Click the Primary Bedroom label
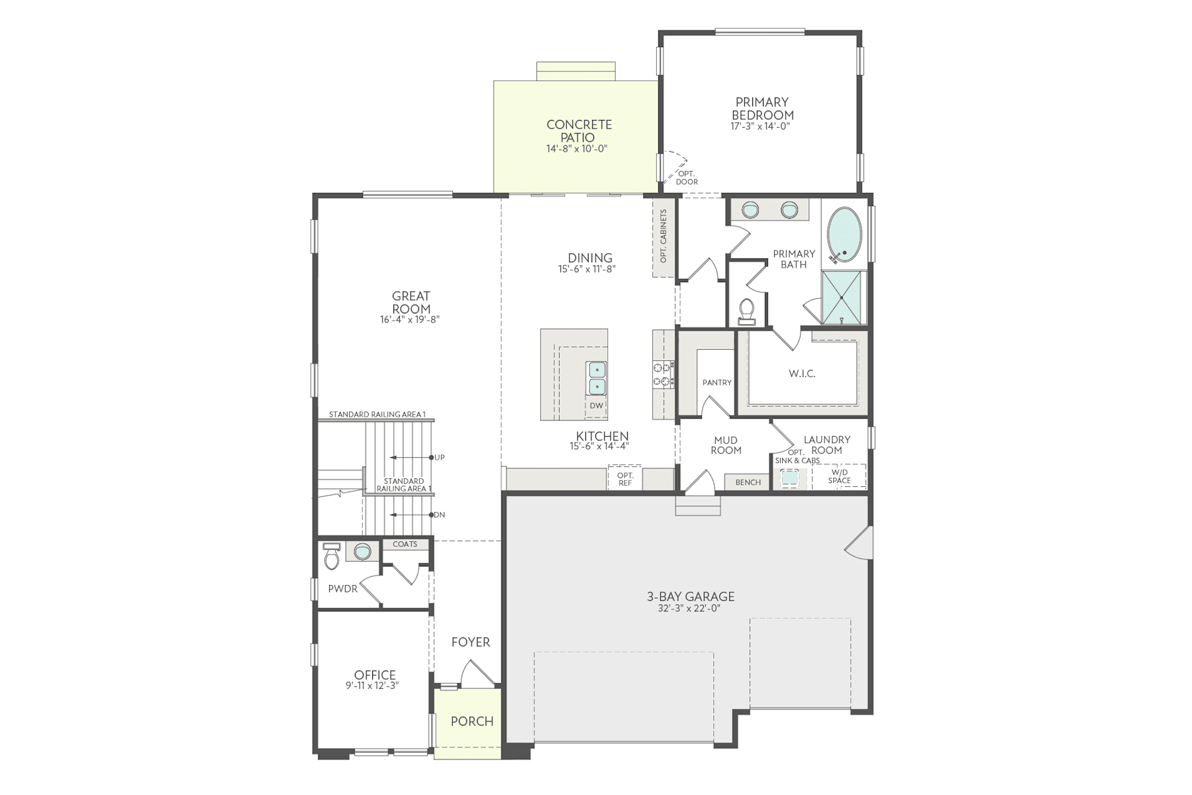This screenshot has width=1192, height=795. [762, 109]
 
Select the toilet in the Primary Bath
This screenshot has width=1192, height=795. [747, 311]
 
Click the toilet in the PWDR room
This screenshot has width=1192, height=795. [332, 558]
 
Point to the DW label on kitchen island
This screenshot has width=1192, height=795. [596, 405]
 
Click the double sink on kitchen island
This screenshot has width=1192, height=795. [597, 377]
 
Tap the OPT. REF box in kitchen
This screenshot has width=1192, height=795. [624, 479]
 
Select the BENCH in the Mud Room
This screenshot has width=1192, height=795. [748, 482]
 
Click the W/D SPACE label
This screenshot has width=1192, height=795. [839, 476]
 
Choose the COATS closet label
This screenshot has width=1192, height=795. [405, 544]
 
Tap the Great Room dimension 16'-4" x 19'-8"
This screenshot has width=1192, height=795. [411, 319]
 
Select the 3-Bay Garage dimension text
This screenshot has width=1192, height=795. [690, 608]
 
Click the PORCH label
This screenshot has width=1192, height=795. [472, 721]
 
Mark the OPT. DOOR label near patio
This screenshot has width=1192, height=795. [687, 178]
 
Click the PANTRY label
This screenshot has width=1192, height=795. [717, 382]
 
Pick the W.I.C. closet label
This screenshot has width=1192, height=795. [801, 374]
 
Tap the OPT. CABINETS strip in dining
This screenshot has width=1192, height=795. [663, 237]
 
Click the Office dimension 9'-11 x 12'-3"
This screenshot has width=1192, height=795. [372, 686]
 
